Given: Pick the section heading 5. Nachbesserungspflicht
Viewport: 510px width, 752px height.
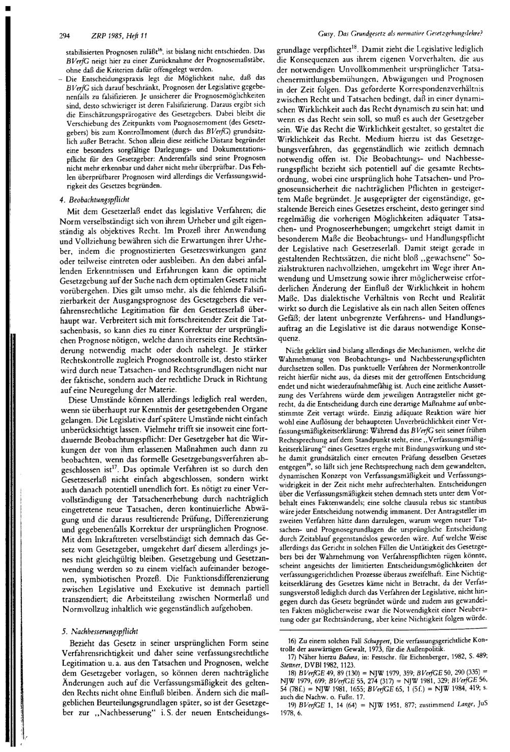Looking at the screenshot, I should (x=100, y=631).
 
